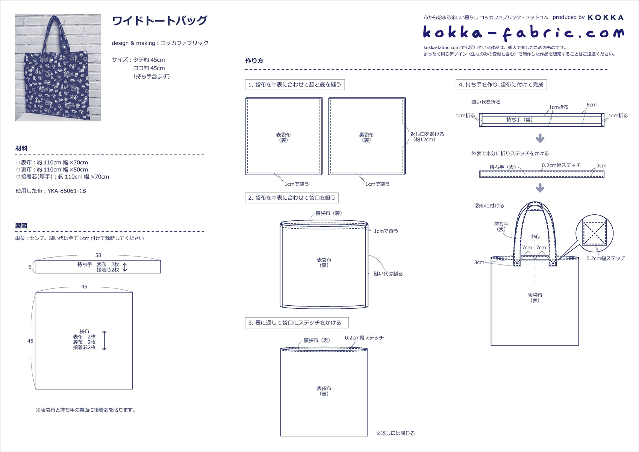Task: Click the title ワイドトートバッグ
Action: click(159, 21)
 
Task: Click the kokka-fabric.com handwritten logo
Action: click(523, 33)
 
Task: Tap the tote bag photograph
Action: click(58, 68)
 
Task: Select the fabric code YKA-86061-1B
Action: click(67, 191)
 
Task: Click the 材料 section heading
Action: click(21, 148)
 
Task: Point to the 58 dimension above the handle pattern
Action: click(98, 255)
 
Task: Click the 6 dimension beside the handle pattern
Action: click(30, 267)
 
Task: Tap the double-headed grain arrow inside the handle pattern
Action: click(125, 267)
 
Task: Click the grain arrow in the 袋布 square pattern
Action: click(104, 340)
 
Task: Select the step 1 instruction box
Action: click(295, 85)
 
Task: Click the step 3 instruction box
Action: click(297, 323)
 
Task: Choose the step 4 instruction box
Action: click(501, 85)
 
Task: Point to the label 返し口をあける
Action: click(427, 134)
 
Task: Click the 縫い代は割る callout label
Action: click(388, 274)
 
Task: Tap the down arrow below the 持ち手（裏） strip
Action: click(540, 138)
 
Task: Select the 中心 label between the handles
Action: click(535, 236)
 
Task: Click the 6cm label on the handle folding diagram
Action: click(591, 105)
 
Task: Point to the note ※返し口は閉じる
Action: click(395, 433)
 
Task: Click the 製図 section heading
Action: click(21, 226)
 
